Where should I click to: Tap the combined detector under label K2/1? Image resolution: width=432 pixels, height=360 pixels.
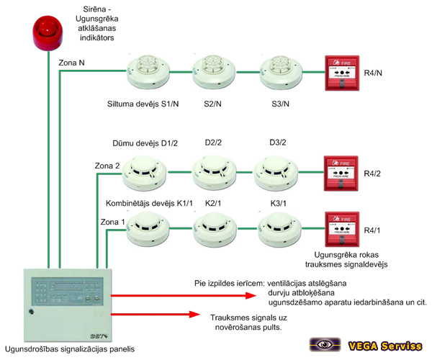pyautogui.click(x=215, y=230)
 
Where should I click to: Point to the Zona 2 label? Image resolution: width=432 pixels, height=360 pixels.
pyautogui.click(x=107, y=166)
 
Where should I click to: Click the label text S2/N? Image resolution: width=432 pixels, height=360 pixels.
pyautogui.click(x=212, y=103)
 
